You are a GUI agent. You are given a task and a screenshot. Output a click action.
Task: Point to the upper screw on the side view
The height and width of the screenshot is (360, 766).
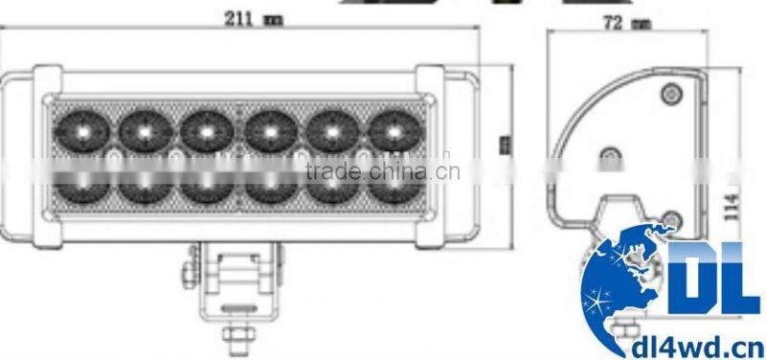pos(671,92)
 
